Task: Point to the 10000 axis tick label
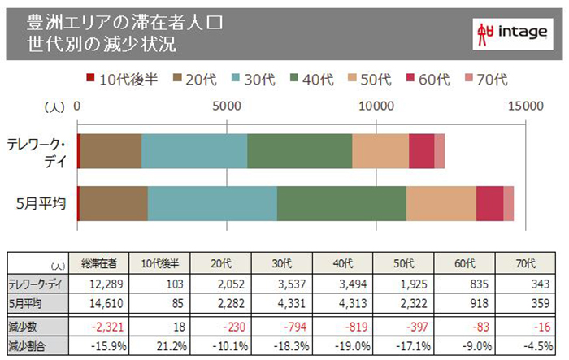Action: (x=376, y=106)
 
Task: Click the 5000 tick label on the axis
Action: (x=226, y=106)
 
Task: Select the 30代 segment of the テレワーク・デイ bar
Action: (x=194, y=150)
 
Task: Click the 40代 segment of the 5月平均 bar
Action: (x=341, y=202)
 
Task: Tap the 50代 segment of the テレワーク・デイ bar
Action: (x=380, y=150)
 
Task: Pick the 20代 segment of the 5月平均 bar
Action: (x=113, y=202)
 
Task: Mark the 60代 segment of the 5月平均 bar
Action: (x=489, y=202)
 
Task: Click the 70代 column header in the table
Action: (x=527, y=263)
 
